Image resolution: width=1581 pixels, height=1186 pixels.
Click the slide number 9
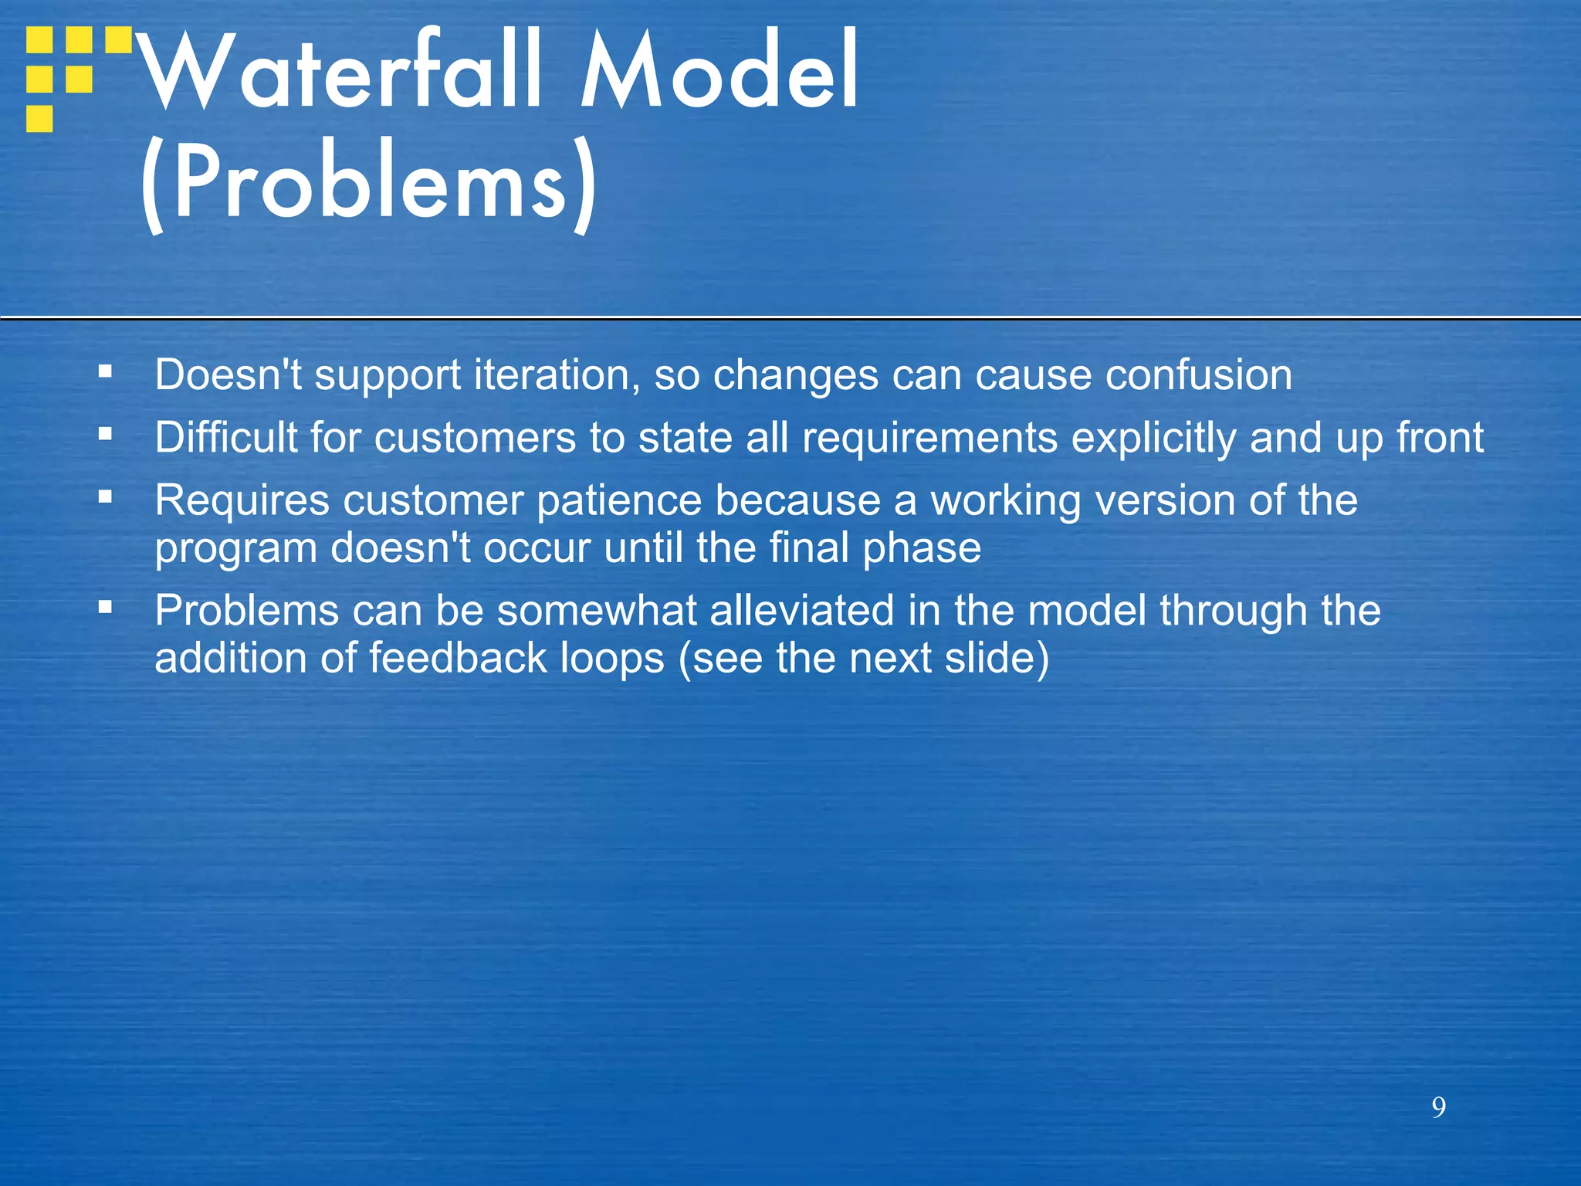[x=1438, y=1107]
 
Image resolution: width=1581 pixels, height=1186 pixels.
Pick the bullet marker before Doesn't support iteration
[x=106, y=371]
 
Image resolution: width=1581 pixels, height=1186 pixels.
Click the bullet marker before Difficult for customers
[x=106, y=434]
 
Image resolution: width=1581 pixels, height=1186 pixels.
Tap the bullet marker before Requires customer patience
[x=106, y=496]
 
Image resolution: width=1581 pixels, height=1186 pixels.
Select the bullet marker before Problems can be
[x=106, y=607]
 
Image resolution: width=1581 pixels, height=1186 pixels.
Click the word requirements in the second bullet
[x=929, y=439]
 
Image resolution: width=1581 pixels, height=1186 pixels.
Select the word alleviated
[x=801, y=611]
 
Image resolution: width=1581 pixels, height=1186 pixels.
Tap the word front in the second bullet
[x=1440, y=439]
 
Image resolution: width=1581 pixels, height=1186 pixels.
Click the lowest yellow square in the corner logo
[x=39, y=119]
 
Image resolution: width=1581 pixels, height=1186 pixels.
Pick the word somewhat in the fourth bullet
[x=597, y=611]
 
